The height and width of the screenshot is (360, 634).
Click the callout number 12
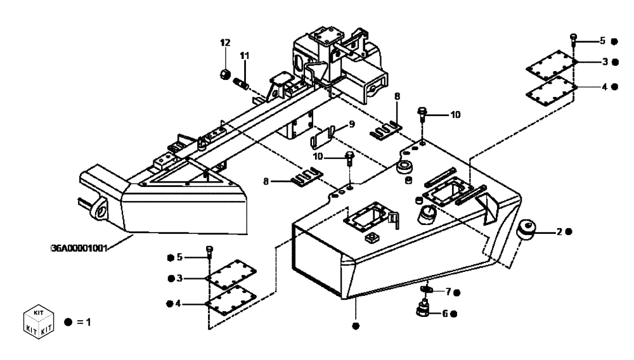tap(224, 42)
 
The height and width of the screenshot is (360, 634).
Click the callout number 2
tap(559, 232)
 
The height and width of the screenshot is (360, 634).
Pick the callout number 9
tap(351, 124)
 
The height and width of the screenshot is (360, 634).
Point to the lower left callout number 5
tap(179, 257)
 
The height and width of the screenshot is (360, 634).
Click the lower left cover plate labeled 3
tap(232, 276)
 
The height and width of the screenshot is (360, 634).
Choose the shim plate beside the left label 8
tap(307, 177)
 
